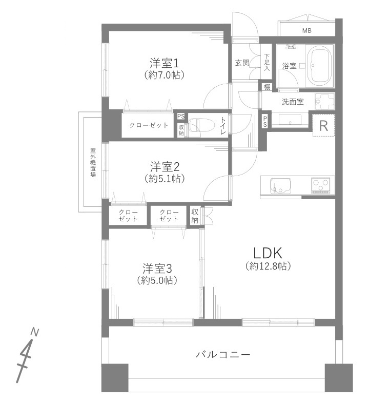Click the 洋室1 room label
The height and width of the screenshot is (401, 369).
tap(164, 63)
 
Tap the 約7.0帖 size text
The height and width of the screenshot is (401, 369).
tap(164, 75)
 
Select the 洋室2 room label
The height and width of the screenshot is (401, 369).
tap(164, 167)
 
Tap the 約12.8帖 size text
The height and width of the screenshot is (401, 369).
tap(268, 266)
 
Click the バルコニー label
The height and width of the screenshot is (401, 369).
tap(223, 355)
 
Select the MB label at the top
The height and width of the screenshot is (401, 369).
tap(306, 31)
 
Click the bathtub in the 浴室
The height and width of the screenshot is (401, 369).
tap(319, 67)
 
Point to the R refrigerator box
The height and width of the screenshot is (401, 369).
tap(323, 126)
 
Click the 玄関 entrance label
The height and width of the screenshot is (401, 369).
tap(242, 63)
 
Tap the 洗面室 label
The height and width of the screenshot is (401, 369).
tap(293, 102)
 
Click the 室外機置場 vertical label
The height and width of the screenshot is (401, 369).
tap(93, 162)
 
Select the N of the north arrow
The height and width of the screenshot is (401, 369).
tap(34, 332)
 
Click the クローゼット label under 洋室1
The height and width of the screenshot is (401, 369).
tap(149, 125)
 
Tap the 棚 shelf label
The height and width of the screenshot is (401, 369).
tap(267, 87)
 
